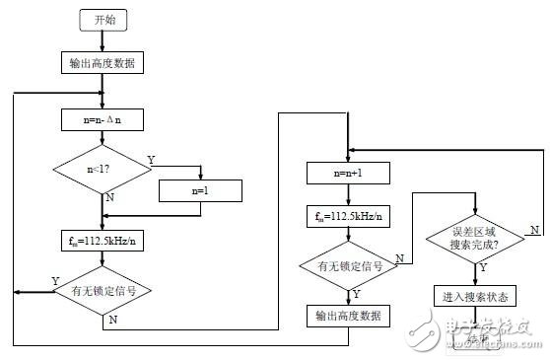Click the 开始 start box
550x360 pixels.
click(x=103, y=20)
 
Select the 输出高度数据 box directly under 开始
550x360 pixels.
click(x=103, y=63)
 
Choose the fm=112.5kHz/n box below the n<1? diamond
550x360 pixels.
click(x=103, y=240)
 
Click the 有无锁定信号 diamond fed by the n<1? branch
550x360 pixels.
click(x=103, y=291)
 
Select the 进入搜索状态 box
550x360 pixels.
click(x=475, y=296)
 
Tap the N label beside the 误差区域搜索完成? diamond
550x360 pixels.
click(x=532, y=230)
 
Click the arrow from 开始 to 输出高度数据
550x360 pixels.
click(x=103, y=40)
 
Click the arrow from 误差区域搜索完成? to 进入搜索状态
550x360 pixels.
click(x=475, y=275)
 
